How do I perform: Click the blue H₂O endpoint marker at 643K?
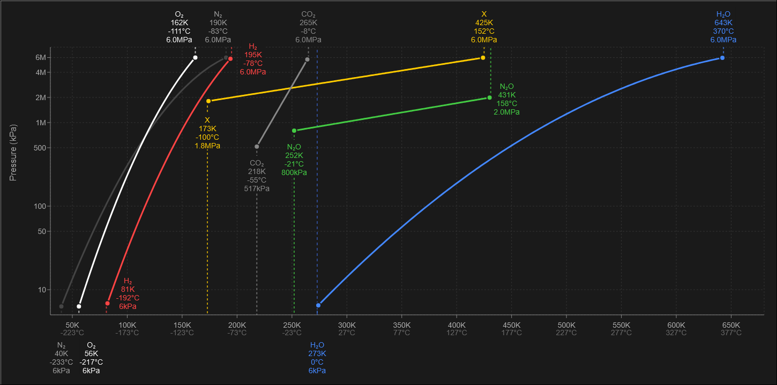pos(722,58)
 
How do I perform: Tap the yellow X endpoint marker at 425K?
pos(483,58)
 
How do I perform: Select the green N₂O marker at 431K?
pos(489,97)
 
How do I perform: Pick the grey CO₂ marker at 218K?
pos(257,147)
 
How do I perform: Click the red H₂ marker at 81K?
pos(107,303)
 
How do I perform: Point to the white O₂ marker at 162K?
pos(195,57)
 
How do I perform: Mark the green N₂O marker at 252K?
pos(294,131)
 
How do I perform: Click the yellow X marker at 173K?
pos(208,101)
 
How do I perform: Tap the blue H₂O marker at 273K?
pos(318,305)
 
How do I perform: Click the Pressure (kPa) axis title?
pos(13,153)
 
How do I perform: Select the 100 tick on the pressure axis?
pos(42,206)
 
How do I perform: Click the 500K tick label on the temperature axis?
pos(566,325)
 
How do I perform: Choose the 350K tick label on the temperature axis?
pos(401,325)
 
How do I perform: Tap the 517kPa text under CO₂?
pos(257,188)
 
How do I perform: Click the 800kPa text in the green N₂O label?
pos(294,172)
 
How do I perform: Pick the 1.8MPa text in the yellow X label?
pos(207,146)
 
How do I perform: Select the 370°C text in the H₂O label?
pos(723,31)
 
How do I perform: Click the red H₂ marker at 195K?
pos(230,59)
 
